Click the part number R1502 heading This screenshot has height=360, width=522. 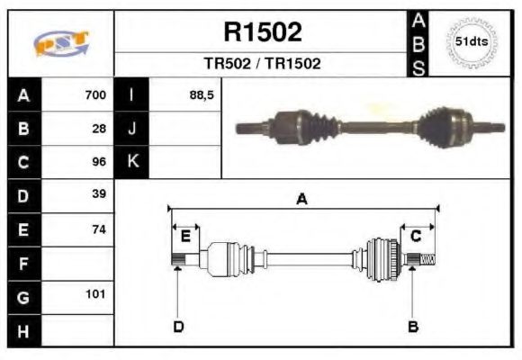point(262,33)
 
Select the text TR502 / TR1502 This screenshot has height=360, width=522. point(262,64)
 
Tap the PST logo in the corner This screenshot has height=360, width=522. point(60,43)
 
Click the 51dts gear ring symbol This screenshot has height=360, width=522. point(471,42)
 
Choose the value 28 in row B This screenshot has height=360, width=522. point(100,129)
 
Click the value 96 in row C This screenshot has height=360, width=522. point(100,162)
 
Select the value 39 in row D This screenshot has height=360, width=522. point(100,194)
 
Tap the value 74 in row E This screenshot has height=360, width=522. point(100,229)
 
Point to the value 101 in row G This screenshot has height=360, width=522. point(96,294)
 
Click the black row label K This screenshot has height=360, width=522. point(131,162)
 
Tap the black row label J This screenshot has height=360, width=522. point(131,129)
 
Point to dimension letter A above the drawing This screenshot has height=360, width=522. point(301,200)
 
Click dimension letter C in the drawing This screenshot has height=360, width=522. point(416,236)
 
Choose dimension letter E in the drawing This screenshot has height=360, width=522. point(185,236)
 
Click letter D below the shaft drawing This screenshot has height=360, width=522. point(178,327)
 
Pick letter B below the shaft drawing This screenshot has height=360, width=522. point(413,327)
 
